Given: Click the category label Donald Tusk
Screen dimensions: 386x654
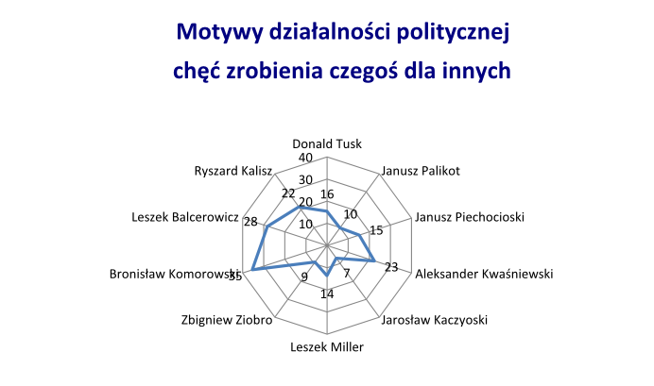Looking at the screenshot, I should pyautogui.click(x=327, y=144).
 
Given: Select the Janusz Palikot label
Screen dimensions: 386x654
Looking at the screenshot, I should pyautogui.click(x=420, y=171).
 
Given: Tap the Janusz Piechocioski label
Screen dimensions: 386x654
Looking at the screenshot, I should pyautogui.click(x=470, y=217).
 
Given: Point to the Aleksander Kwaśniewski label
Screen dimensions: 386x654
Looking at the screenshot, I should pyautogui.click(x=484, y=275).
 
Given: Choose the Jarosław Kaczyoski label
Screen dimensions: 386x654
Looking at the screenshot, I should pyautogui.click(x=433, y=320).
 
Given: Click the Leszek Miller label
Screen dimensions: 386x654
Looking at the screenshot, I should pyautogui.click(x=327, y=346).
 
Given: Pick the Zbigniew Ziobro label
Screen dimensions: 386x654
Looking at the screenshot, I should pyautogui.click(x=226, y=320).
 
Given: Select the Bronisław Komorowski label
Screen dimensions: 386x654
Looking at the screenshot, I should pyautogui.click(x=176, y=275).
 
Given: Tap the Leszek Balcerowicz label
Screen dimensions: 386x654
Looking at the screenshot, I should pyautogui.click(x=184, y=217).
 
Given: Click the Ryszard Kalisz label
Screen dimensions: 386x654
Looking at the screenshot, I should pyautogui.click(x=232, y=171).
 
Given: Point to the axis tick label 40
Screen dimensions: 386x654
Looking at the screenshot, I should pyautogui.click(x=304, y=158).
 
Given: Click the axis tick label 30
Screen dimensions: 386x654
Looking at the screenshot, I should pyautogui.click(x=304, y=180).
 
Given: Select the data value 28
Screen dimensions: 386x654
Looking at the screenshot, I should pyautogui.click(x=250, y=222).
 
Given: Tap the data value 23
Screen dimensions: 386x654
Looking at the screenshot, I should pyautogui.click(x=391, y=266).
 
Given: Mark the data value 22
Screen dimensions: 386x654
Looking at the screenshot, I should pyautogui.click(x=288, y=193).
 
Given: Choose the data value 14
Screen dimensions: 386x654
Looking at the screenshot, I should pyautogui.click(x=327, y=294).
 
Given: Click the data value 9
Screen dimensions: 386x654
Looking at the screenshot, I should pyautogui.click(x=304, y=277).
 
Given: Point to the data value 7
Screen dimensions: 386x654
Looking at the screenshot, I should pyautogui.click(x=347, y=275).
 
